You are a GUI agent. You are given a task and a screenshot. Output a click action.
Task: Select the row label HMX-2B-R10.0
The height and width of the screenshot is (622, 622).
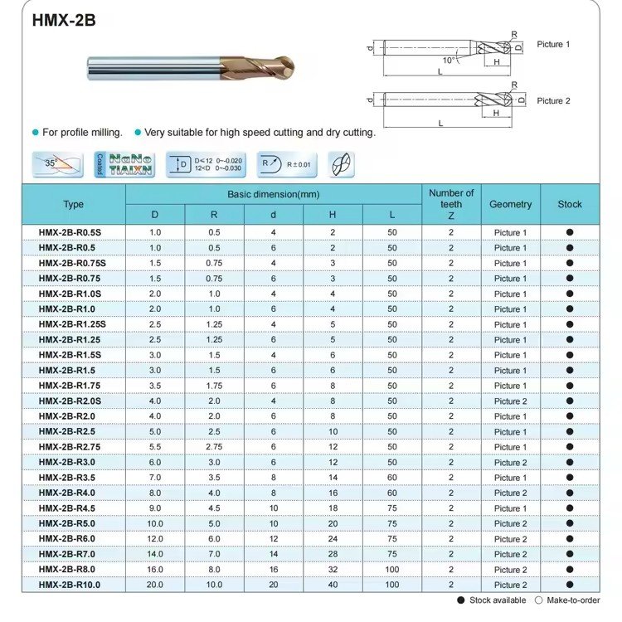[73, 585]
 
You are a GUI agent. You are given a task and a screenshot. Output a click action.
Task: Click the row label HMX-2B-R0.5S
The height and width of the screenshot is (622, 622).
[73, 232]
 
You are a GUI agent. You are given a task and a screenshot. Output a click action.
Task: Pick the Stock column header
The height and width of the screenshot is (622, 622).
[570, 204]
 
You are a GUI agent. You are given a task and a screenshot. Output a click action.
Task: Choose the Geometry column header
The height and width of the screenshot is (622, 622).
[510, 204]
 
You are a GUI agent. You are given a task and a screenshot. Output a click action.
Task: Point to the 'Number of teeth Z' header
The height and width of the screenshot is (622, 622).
[451, 204]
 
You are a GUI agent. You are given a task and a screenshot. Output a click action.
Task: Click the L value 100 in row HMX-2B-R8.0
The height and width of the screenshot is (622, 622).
[392, 570]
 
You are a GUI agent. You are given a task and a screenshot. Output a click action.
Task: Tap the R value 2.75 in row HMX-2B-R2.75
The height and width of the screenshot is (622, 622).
[214, 447]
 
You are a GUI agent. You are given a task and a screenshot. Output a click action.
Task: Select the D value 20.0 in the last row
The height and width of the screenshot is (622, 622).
[155, 585]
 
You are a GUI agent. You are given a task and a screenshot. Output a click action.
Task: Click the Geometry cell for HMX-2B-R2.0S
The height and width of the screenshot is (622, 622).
[510, 401]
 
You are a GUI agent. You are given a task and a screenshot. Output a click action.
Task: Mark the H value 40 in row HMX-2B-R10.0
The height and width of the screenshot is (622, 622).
[333, 585]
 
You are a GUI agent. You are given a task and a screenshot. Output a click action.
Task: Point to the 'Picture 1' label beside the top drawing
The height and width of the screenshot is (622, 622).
[553, 43]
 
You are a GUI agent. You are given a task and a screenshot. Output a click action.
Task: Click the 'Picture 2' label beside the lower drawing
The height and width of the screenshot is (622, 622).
[553, 100]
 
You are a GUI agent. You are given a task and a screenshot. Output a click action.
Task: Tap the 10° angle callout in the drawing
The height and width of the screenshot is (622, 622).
[449, 60]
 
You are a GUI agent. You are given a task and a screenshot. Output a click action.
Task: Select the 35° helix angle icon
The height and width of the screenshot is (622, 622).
[56, 164]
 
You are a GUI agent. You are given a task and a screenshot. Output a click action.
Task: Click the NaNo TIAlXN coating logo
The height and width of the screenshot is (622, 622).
[130, 164]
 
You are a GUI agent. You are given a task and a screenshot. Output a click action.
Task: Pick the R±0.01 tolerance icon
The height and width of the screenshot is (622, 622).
[287, 164]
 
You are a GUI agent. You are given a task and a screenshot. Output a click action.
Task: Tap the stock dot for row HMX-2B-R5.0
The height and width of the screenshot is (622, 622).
[570, 523]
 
